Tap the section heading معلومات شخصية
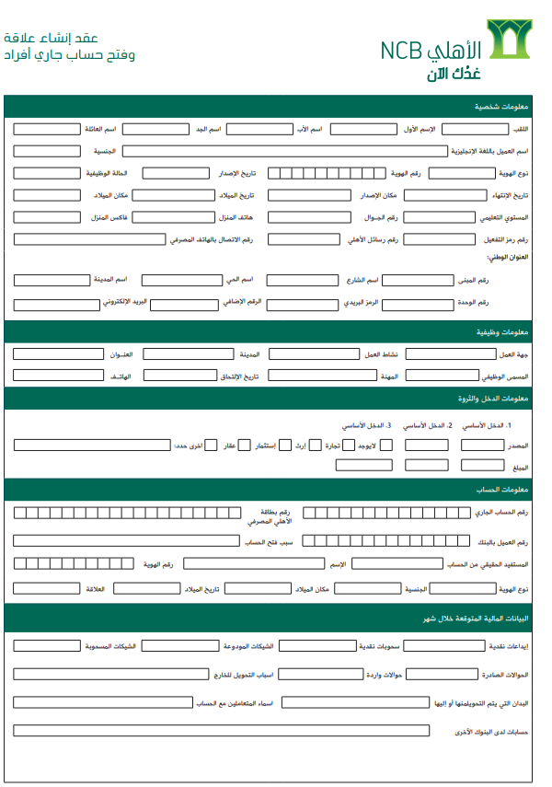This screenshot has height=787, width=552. (500, 107)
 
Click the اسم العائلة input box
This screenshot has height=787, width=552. (47, 129)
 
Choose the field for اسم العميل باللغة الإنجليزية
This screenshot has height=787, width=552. (285, 151)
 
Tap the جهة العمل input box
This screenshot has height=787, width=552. (450, 354)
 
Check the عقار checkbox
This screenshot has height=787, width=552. (248, 446)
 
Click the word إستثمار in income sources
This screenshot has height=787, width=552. (264, 446)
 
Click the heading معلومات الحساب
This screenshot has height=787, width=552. (501, 489)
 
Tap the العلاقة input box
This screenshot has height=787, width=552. (47, 587)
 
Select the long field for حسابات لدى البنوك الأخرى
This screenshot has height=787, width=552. (221, 731)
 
